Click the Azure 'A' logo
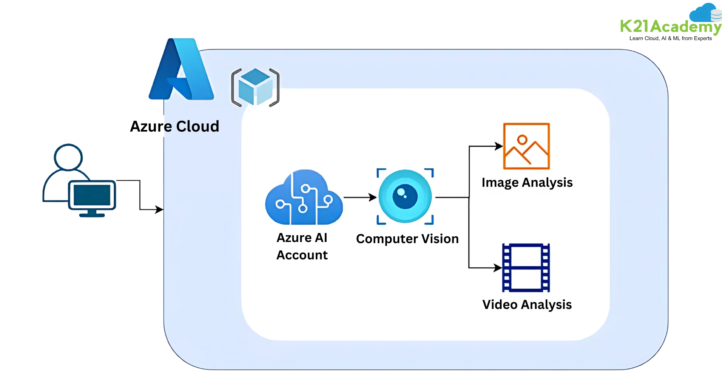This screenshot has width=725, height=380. [181, 70]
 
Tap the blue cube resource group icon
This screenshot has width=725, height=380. [255, 87]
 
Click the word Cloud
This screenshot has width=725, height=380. [197, 126]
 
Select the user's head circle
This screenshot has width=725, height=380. [68, 156]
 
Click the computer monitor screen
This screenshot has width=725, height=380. [92, 195]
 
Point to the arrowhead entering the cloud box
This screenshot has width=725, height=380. [160, 209]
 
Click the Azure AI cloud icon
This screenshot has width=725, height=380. [304, 197]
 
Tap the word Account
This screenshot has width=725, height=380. [302, 255]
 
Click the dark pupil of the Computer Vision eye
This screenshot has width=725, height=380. [405, 197]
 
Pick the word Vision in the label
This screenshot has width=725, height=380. [440, 239]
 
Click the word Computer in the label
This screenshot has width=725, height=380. [387, 239]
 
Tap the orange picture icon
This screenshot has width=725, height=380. [526, 146]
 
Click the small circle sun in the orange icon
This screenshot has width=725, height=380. [522, 140]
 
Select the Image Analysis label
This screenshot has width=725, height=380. [527, 183]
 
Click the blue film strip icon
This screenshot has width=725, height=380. [526, 268]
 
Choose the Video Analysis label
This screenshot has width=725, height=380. [527, 305]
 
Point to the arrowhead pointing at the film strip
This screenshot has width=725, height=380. [498, 268]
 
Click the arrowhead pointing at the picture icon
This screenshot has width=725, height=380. [499, 146]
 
